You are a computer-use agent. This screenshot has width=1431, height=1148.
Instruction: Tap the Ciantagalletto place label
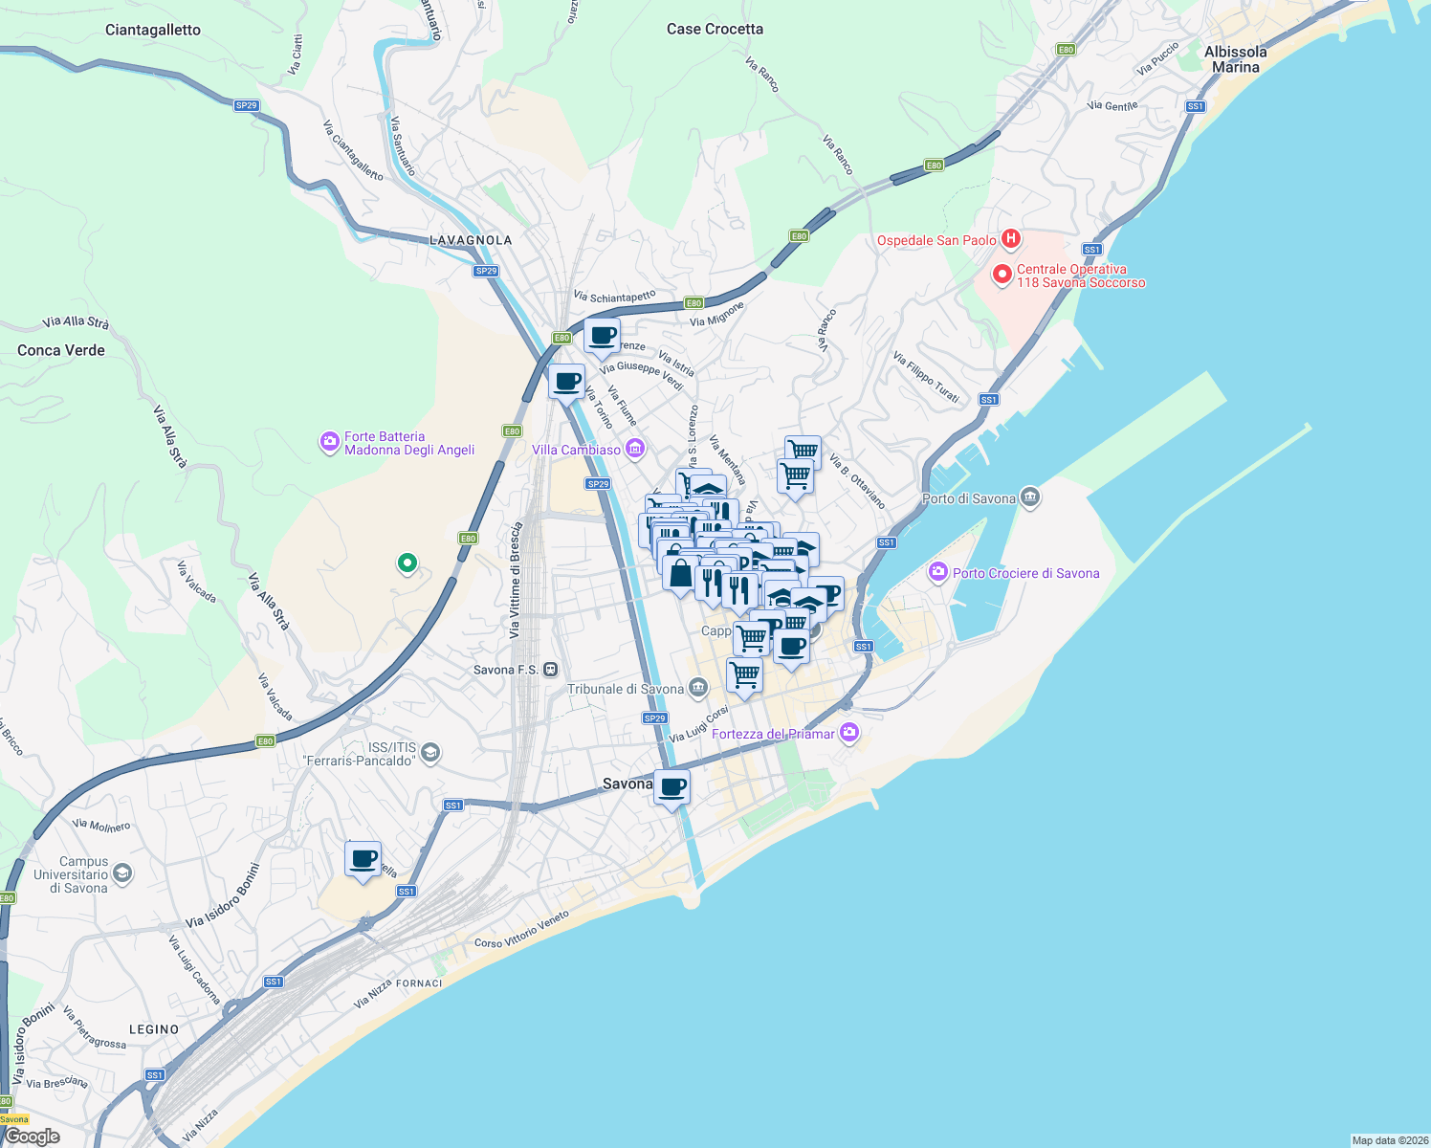153,30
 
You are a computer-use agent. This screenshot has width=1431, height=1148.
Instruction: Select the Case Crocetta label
715,29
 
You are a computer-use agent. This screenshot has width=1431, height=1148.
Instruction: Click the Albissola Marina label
1235,59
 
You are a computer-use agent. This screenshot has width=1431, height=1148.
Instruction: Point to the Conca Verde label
61,350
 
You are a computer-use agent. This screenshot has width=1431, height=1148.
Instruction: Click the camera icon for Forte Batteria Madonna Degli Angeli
329,442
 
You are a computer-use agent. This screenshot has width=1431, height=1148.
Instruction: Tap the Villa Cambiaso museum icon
635,449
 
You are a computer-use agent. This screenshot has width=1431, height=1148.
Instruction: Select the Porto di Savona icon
1030,497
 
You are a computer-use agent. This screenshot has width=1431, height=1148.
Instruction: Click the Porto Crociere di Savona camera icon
937,572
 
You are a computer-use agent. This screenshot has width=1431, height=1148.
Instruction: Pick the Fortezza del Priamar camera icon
848,733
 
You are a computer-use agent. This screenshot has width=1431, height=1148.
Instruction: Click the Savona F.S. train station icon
550,670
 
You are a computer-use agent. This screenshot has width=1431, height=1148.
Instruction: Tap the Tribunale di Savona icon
698,688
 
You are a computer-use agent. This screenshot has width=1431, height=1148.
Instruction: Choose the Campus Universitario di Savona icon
121,872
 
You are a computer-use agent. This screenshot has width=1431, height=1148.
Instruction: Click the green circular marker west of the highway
407,563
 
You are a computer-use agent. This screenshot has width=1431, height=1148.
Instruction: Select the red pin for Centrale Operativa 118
1002,275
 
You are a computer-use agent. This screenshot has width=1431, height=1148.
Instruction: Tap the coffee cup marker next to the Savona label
672,787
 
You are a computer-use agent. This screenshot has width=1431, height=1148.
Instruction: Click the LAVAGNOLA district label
471,240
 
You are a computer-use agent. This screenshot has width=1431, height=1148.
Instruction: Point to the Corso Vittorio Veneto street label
521,929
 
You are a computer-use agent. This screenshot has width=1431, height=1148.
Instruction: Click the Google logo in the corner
33,1136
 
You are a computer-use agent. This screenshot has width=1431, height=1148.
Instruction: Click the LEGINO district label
154,1029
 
